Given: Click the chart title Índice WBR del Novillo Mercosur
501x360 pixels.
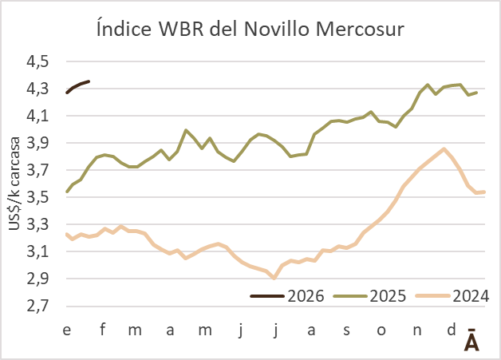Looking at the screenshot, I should pyautogui.click(x=250, y=30).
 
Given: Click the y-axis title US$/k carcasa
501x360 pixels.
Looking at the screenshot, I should pyautogui.click(x=16, y=184).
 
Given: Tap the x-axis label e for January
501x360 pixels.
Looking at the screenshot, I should pyautogui.click(x=67, y=329).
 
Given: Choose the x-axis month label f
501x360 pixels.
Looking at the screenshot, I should pyautogui.click(x=102, y=329).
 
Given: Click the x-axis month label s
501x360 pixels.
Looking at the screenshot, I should pyautogui.click(x=346, y=329).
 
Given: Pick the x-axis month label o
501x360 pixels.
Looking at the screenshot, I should pyautogui.click(x=381, y=329).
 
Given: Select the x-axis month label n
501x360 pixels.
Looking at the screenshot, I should pyautogui.click(x=416, y=329).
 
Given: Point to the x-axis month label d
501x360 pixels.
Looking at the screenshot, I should pyautogui.click(x=451, y=329).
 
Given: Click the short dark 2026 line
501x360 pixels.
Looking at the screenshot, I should pyautogui.click(x=78, y=85).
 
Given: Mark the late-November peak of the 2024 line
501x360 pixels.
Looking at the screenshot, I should pyautogui.click(x=444, y=148).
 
